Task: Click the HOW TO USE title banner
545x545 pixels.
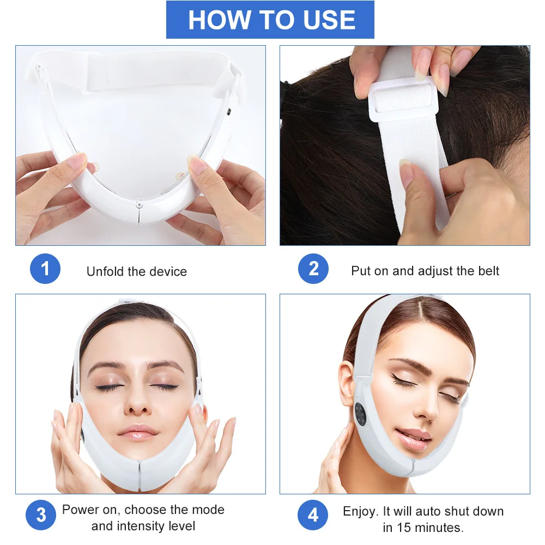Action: pos(270,20)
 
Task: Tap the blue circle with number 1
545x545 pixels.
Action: pos(45,269)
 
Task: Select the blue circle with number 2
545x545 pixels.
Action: pos(313,269)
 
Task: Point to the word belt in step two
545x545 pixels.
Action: pos(486,271)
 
